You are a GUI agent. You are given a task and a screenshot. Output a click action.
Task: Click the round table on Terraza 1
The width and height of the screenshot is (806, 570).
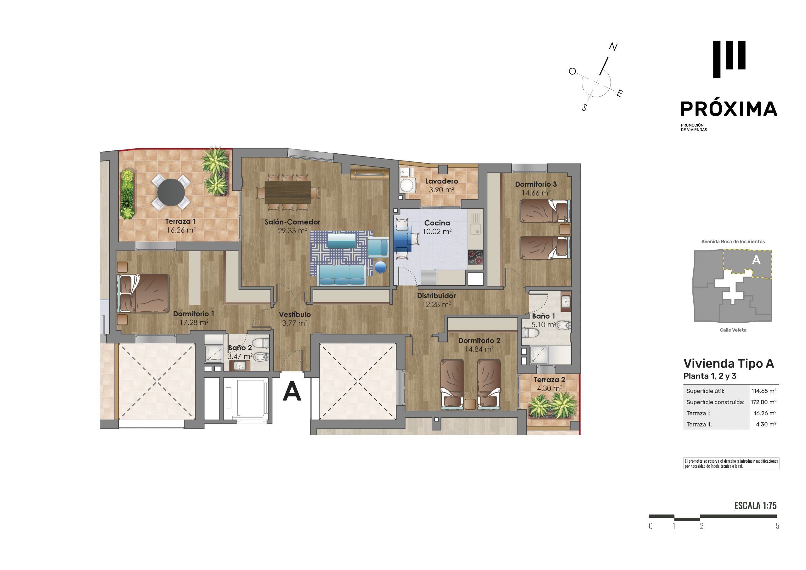point(171,192)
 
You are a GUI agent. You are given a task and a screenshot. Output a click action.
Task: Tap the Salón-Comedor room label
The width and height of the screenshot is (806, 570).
point(292,222)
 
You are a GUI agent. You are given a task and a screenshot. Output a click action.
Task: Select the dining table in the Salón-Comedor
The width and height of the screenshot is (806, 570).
point(287,192)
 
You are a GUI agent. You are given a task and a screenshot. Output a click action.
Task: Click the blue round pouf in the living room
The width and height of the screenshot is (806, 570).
point(381,267)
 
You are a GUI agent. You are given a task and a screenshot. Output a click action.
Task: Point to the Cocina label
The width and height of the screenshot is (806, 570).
point(437,223)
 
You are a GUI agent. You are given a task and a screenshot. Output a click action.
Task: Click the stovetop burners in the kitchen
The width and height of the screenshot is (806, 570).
point(475,257)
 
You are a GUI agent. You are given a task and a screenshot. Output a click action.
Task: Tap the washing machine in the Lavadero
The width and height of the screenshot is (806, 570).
point(407,185)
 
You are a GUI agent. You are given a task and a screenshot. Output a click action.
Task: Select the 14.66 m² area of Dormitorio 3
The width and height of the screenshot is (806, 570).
point(536,193)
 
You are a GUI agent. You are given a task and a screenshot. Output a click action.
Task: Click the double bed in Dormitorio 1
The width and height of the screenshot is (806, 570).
point(144,293)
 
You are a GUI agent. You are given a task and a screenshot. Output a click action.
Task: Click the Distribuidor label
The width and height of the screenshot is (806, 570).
point(436,296)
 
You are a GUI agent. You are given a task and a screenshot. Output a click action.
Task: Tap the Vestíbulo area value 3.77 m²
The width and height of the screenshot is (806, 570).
point(294,323)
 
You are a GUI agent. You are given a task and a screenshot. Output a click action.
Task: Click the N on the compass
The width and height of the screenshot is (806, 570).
point(613,47)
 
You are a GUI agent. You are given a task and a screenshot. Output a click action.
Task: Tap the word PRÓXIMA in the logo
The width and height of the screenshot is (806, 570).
point(729,109)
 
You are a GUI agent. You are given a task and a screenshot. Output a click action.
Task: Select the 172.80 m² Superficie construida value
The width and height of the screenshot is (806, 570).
point(763,402)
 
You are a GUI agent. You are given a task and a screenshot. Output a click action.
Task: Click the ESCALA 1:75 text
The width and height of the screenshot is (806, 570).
point(755,505)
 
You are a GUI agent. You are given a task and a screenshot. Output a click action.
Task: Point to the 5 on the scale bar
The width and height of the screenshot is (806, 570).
point(777,526)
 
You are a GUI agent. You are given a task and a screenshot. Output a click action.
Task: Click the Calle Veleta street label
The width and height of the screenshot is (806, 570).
point(733,330)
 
